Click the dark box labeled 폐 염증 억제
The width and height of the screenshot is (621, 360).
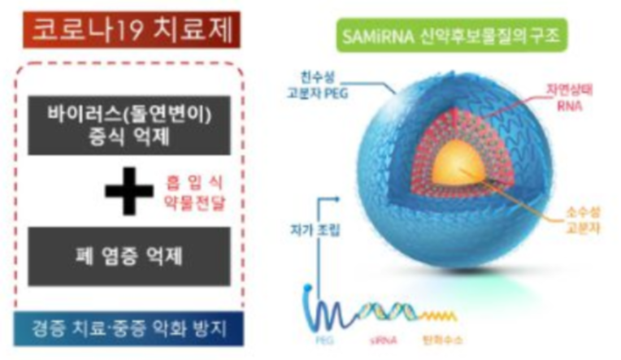pos(130,257)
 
